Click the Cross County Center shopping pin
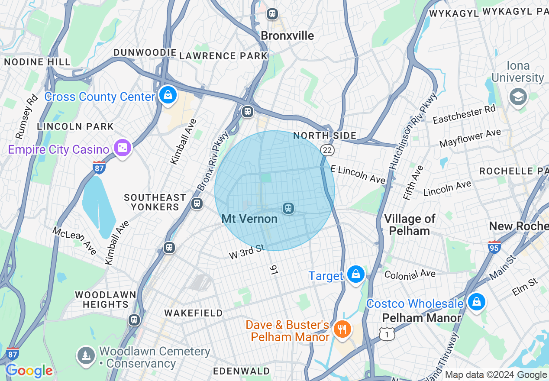[x=168, y=95]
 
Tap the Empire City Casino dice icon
[x=123, y=148]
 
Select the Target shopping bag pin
[x=355, y=274]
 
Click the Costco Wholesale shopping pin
[x=476, y=302]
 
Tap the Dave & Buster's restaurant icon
[x=342, y=329]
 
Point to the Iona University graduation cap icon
[x=518, y=97]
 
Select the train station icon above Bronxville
[x=272, y=14]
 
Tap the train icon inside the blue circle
[x=288, y=209]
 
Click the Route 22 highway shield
[x=327, y=150]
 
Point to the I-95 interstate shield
[x=494, y=247]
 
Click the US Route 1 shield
[x=387, y=333]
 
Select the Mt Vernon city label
[x=249, y=219]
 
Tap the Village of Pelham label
[x=409, y=225]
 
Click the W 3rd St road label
[x=246, y=252]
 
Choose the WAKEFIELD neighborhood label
[x=193, y=313]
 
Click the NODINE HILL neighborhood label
[x=37, y=62]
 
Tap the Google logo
[x=29, y=371]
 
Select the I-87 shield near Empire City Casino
[x=99, y=168]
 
